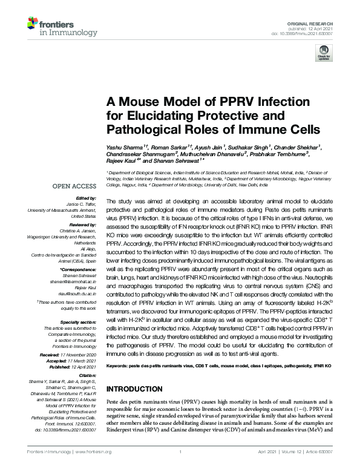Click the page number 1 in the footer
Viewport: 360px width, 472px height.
(x=180, y=452)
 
